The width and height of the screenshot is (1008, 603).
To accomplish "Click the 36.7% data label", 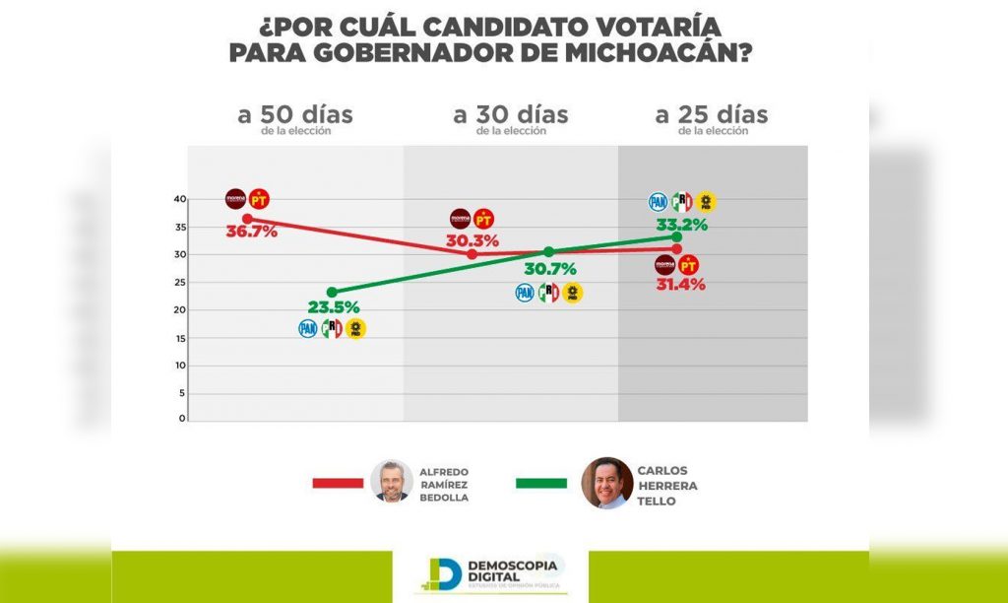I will (253, 233).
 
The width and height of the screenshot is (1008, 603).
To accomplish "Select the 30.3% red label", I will (472, 240).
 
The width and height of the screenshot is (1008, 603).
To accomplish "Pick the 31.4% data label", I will (681, 285).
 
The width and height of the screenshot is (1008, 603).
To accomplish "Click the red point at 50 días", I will (247, 218).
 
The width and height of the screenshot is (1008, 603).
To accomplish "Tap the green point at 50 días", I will (332, 292).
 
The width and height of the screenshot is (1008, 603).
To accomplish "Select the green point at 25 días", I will (677, 236).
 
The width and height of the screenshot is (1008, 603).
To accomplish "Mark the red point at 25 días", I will (677, 248).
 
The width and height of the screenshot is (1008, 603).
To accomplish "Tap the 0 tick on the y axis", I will (182, 419).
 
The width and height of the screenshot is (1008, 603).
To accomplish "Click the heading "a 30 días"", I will (511, 114).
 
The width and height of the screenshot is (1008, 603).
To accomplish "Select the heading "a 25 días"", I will (712, 114).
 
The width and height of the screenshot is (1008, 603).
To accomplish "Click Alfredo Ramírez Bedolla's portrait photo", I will (393, 481).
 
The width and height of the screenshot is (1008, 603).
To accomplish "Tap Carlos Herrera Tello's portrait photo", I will (604, 482).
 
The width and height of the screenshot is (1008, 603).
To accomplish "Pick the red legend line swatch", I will (338, 483).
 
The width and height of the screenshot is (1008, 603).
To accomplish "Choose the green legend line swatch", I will (541, 483).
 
